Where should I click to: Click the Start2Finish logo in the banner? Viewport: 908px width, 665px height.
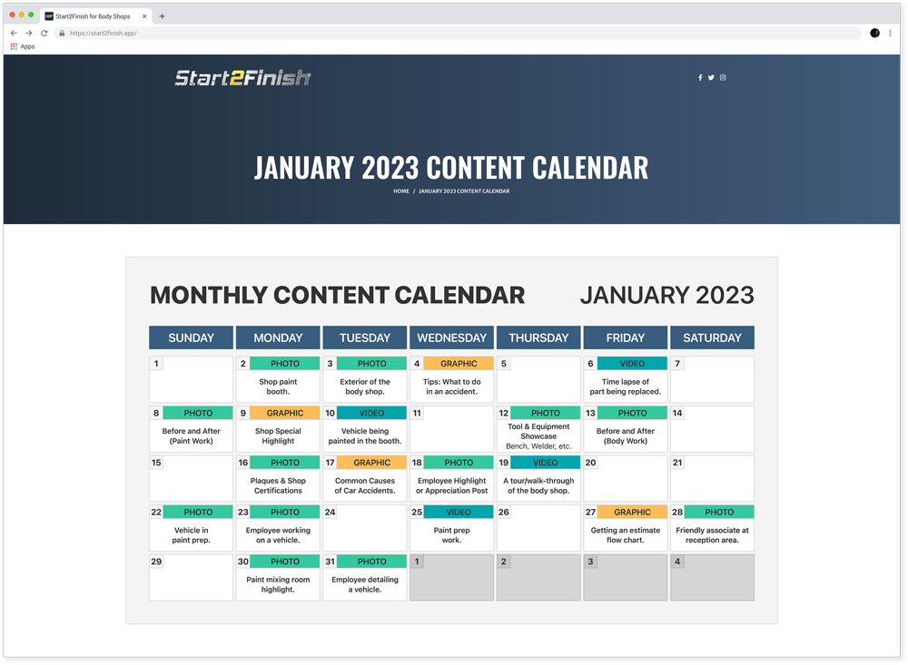click(x=242, y=77)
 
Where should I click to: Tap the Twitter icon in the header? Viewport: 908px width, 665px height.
click(x=711, y=77)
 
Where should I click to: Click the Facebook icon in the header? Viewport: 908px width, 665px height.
click(x=700, y=77)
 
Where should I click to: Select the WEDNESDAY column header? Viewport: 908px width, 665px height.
click(x=451, y=337)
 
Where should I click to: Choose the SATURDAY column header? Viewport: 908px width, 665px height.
click(x=712, y=337)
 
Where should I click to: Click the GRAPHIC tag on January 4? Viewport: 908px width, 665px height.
click(x=459, y=364)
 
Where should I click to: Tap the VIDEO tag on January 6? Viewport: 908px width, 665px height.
click(x=632, y=364)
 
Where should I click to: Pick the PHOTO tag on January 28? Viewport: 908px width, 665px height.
click(x=719, y=513)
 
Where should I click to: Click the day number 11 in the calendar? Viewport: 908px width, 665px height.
click(x=417, y=413)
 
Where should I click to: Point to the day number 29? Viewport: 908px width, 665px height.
click(x=156, y=562)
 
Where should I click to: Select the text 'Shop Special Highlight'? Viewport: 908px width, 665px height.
click(x=278, y=435)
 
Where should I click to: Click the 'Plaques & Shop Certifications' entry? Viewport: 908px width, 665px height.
click(x=278, y=485)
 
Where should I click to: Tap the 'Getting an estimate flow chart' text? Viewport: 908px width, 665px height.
click(x=626, y=534)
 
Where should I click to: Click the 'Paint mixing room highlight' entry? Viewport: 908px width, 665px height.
click(x=278, y=584)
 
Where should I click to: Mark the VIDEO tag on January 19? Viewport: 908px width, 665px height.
click(x=546, y=463)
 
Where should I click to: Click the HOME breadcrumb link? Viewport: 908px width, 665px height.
click(x=401, y=191)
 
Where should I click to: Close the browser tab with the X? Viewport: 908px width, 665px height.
click(x=144, y=16)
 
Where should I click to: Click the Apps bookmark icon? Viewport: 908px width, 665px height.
click(x=14, y=46)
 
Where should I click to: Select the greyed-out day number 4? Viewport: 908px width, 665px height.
click(x=677, y=562)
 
